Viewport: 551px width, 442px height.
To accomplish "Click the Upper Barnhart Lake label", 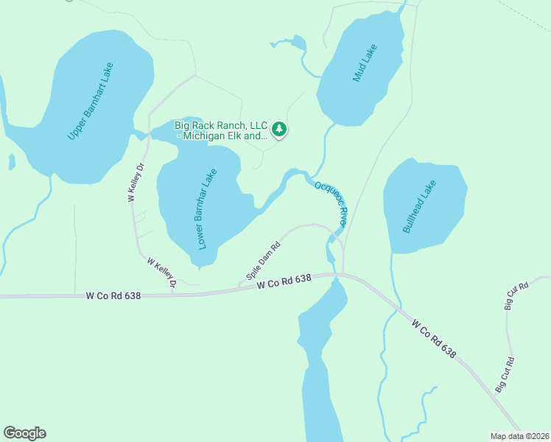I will click(91, 101).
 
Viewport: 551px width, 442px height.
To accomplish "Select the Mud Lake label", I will click(365, 63).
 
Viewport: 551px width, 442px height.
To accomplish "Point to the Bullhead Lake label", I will click(420, 207).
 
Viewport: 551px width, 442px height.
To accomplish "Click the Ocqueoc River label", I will click(330, 203).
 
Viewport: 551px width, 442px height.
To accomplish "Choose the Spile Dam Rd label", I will click(264, 262).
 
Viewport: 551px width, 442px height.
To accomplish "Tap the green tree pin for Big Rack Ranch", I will click(279, 130).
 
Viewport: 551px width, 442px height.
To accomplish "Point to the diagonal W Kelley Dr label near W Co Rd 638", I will click(163, 272).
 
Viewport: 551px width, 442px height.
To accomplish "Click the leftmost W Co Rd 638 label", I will click(113, 295).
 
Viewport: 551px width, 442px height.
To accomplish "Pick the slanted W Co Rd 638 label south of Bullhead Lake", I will click(434, 339).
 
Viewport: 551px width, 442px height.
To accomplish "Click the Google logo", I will click(24, 433).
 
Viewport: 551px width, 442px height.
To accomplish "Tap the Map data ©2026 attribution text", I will click(519, 435).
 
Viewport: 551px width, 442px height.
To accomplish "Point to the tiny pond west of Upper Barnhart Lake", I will click(12, 161).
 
